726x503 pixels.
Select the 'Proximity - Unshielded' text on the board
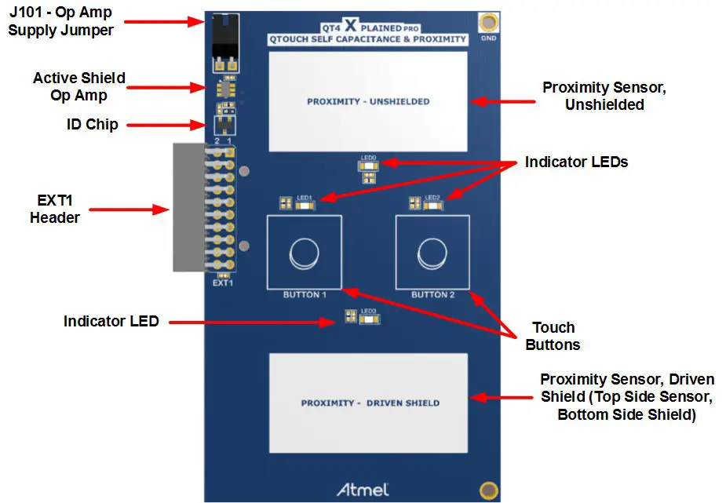click(x=367, y=101)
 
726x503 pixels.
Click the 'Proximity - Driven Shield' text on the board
click(x=370, y=403)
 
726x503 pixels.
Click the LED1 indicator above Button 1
click(x=304, y=205)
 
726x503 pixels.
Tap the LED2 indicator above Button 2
click(x=432, y=205)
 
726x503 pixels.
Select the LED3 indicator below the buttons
click(x=367, y=317)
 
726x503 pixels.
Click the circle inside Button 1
click(x=304, y=253)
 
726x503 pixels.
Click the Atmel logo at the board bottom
click(x=363, y=489)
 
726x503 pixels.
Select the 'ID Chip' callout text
click(x=92, y=124)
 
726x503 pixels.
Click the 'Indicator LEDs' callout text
click(x=576, y=162)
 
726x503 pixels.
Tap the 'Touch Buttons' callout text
click(x=553, y=336)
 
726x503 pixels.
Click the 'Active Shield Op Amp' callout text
click(x=78, y=86)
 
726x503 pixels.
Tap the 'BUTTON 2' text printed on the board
click(x=432, y=294)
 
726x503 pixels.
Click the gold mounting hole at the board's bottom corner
click(x=488, y=490)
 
